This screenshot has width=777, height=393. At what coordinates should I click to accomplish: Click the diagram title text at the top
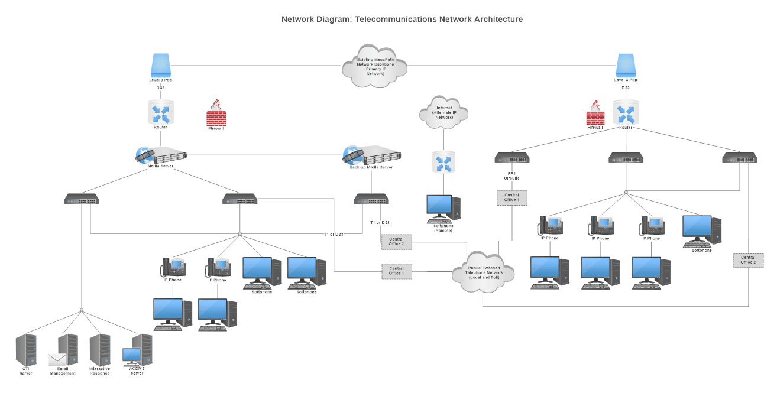point(402,19)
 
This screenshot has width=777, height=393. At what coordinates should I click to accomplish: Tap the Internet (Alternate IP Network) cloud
point(443,112)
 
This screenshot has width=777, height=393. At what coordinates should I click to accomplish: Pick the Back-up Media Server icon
point(371,156)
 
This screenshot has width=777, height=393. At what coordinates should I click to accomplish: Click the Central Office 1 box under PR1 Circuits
point(511,198)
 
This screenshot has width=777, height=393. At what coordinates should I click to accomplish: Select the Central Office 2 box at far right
point(748,260)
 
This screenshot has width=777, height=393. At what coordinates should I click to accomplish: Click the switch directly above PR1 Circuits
point(511,158)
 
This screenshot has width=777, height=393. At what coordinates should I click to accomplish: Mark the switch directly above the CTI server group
point(82,200)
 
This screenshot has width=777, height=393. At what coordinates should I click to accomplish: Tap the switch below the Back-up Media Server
point(371,200)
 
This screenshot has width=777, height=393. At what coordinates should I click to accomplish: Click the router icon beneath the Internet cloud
point(443,163)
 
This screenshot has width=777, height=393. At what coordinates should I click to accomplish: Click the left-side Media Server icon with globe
point(160,155)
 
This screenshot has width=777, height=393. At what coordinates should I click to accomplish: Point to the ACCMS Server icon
point(138,351)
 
